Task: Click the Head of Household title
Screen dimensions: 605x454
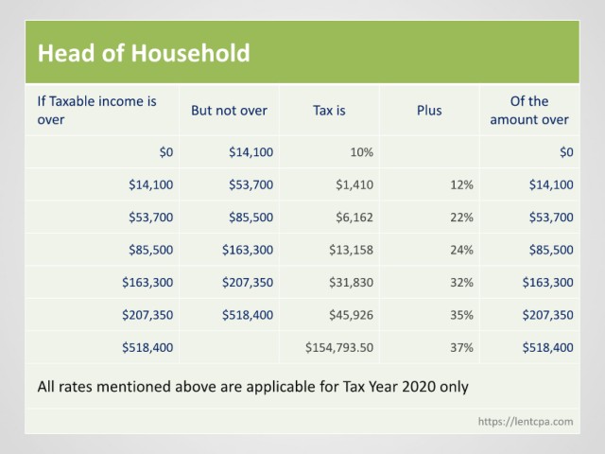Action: point(144,53)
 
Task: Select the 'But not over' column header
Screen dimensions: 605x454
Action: point(229,111)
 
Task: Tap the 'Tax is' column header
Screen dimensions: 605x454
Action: point(329,111)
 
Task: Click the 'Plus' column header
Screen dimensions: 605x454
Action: point(429,111)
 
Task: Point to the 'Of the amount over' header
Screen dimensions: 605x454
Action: point(529,111)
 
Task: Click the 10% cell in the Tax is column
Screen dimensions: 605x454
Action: point(361,152)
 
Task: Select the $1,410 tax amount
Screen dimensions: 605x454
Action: point(354,184)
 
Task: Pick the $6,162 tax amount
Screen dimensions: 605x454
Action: point(354,217)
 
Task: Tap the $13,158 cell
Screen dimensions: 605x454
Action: point(351,250)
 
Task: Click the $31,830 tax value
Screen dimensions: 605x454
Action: point(351,282)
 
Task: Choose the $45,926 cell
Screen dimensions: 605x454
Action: point(351,315)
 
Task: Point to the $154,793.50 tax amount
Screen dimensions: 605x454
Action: point(339,347)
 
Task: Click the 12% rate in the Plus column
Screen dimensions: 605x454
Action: point(461,184)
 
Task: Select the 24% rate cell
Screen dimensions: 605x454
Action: point(461,250)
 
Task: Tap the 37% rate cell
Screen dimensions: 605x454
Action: point(461,347)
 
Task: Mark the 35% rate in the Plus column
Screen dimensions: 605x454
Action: point(461,315)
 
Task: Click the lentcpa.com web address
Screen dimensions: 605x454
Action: point(526,421)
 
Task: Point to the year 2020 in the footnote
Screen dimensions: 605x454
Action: point(419,387)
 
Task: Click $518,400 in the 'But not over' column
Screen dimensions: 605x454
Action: point(248,315)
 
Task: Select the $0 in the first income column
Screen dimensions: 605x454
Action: point(166,152)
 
